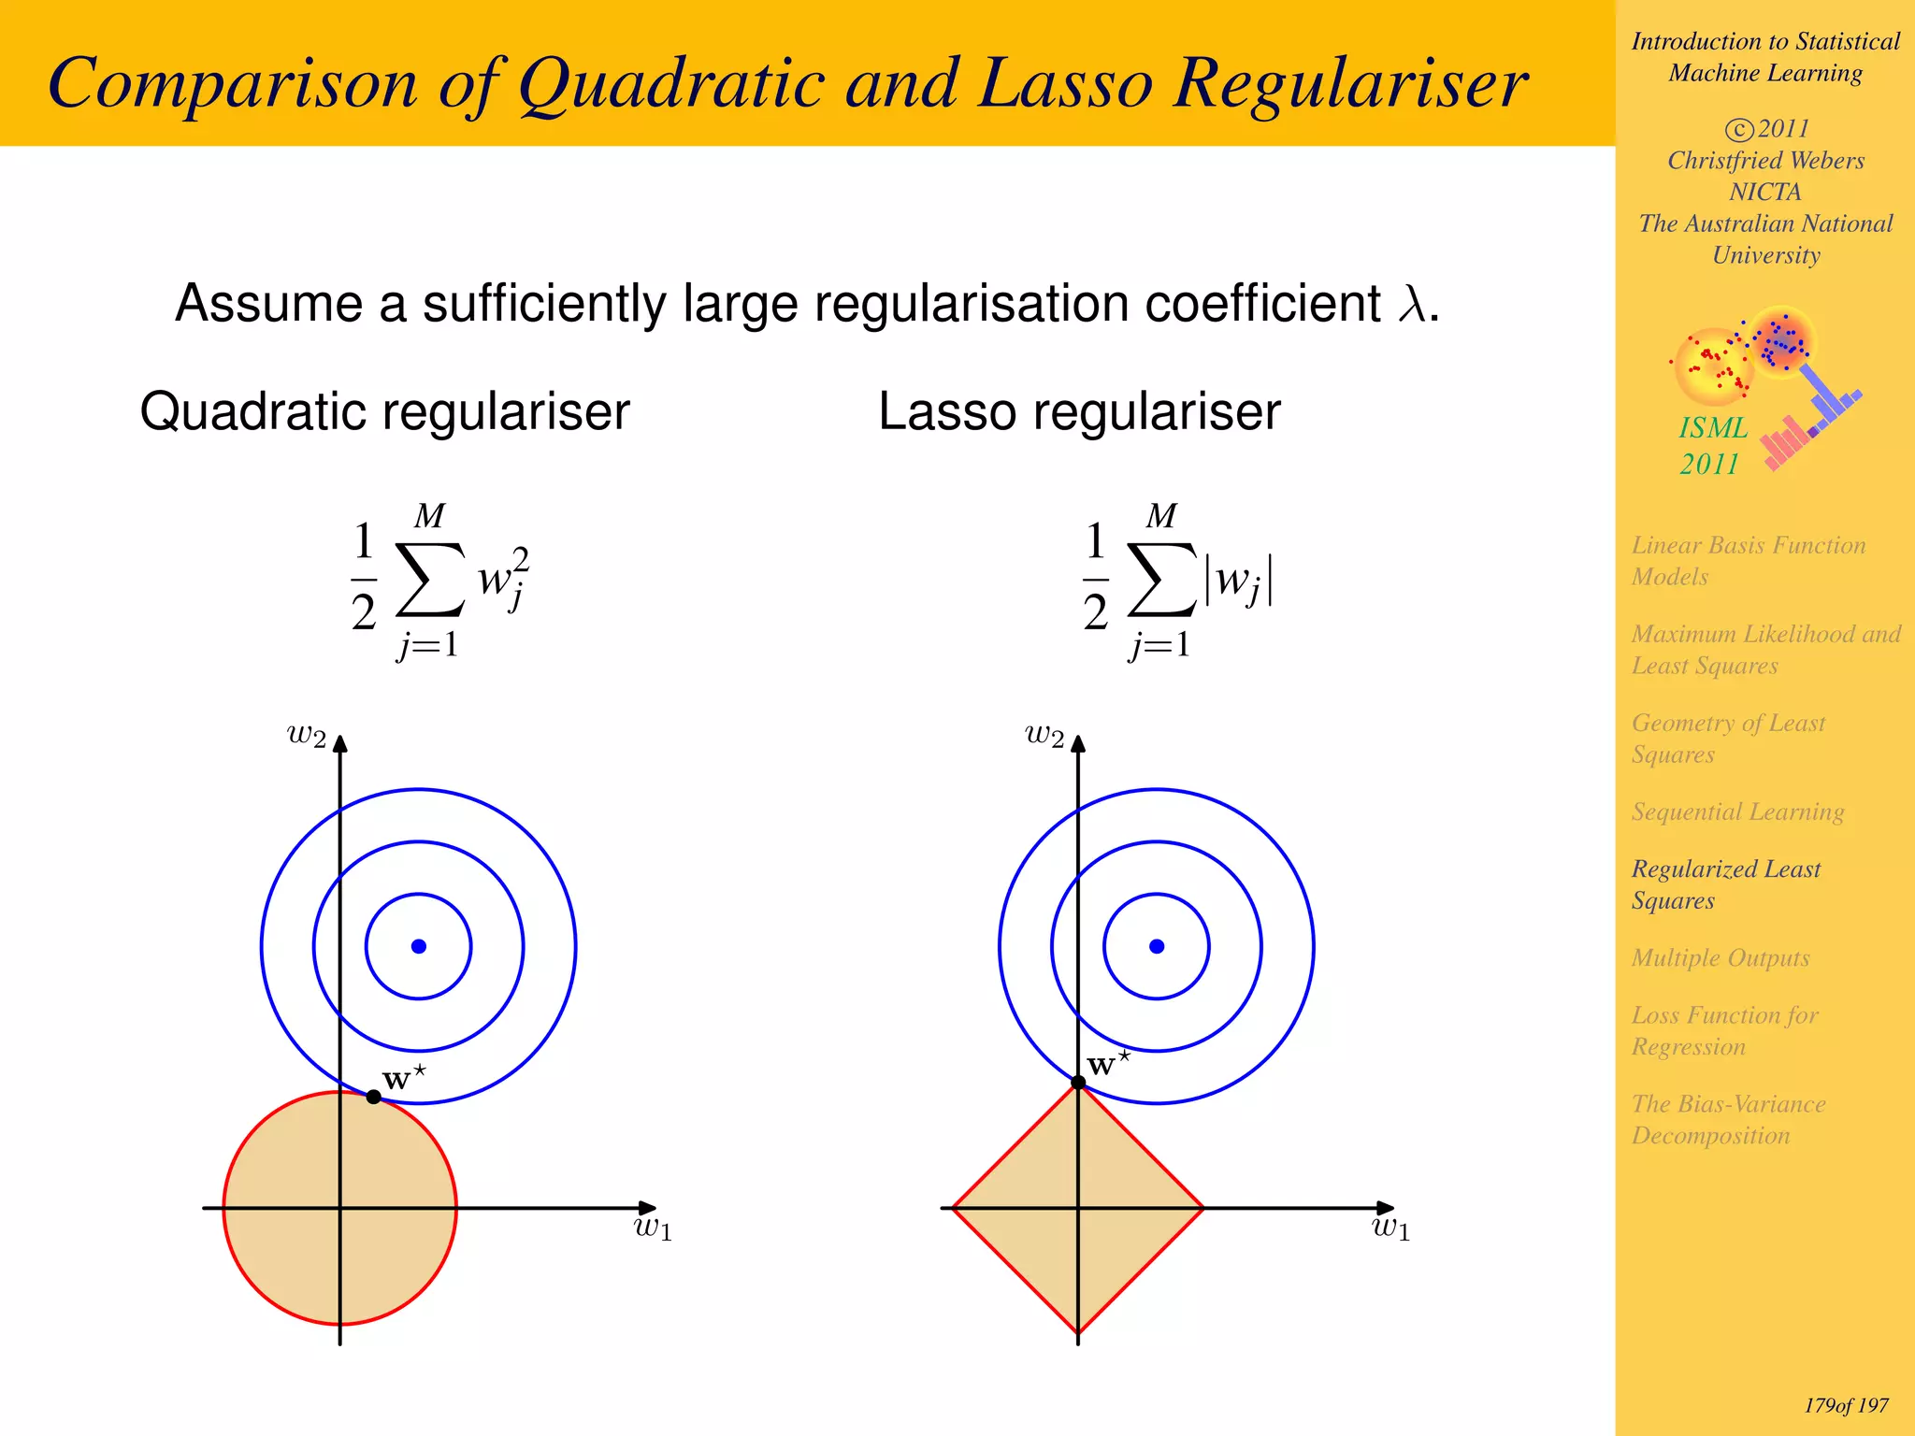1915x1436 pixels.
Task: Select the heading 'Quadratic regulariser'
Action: tap(384, 411)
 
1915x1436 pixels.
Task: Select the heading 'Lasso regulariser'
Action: tap(1079, 411)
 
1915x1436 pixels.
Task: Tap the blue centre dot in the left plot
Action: tap(419, 946)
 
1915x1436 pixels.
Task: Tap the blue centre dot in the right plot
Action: tap(1157, 946)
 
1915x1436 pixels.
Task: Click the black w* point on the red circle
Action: tap(373, 1097)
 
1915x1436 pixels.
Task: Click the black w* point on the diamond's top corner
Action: tap(1078, 1083)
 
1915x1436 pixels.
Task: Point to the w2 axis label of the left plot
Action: tap(307, 735)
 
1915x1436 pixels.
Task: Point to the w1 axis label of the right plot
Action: tap(1390, 1228)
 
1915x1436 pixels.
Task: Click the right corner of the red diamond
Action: tap(1202, 1208)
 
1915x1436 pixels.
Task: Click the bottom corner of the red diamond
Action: tap(1078, 1332)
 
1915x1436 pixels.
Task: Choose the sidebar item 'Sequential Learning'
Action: tap(1737, 811)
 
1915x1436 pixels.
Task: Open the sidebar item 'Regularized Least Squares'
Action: tap(1725, 884)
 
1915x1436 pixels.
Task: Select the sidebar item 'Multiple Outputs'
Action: tap(1721, 957)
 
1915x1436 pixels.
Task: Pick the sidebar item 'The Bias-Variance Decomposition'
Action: tap(1728, 1119)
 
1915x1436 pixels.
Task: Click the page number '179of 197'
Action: tap(1846, 1405)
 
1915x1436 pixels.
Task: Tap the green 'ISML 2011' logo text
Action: tap(1712, 445)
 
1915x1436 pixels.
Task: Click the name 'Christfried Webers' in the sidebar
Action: tap(1765, 160)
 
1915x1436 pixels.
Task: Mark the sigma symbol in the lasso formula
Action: tap(1161, 580)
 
